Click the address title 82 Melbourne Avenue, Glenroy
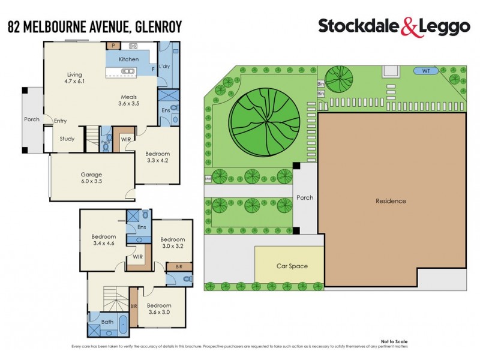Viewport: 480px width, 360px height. (x=94, y=26)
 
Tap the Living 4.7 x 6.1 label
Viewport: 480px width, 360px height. (x=74, y=78)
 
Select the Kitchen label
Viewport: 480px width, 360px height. (x=128, y=59)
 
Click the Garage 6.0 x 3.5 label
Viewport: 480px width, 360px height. (x=92, y=178)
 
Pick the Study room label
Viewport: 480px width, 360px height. (x=67, y=139)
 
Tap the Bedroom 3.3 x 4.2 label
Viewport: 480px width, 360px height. (x=158, y=157)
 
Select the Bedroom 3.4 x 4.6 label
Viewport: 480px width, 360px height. (x=103, y=239)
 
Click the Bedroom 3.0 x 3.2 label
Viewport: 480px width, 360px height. (x=172, y=242)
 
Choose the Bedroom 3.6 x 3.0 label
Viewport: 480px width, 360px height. (x=159, y=308)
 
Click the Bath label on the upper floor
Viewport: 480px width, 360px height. (x=107, y=322)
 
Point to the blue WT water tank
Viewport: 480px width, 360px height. (x=427, y=71)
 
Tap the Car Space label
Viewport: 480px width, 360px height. (x=292, y=266)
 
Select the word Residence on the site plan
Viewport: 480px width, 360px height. (x=391, y=201)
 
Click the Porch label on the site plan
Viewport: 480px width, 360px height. (x=305, y=197)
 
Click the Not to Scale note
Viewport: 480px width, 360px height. (x=394, y=341)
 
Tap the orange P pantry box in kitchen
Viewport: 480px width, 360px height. (x=111, y=46)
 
